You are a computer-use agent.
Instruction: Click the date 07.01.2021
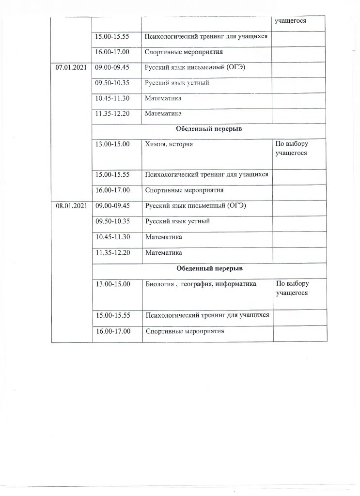click(71, 68)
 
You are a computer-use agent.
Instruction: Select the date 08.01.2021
click(71, 206)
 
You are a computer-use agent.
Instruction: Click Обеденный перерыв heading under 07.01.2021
click(209, 130)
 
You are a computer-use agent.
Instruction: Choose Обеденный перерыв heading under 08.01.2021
click(209, 268)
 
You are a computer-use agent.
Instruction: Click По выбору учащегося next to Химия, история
click(292, 149)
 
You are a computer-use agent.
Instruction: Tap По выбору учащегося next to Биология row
click(292, 288)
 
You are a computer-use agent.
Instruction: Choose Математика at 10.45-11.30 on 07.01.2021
click(163, 99)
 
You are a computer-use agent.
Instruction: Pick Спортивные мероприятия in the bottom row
click(186, 332)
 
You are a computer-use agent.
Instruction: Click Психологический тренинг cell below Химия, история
click(206, 175)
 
